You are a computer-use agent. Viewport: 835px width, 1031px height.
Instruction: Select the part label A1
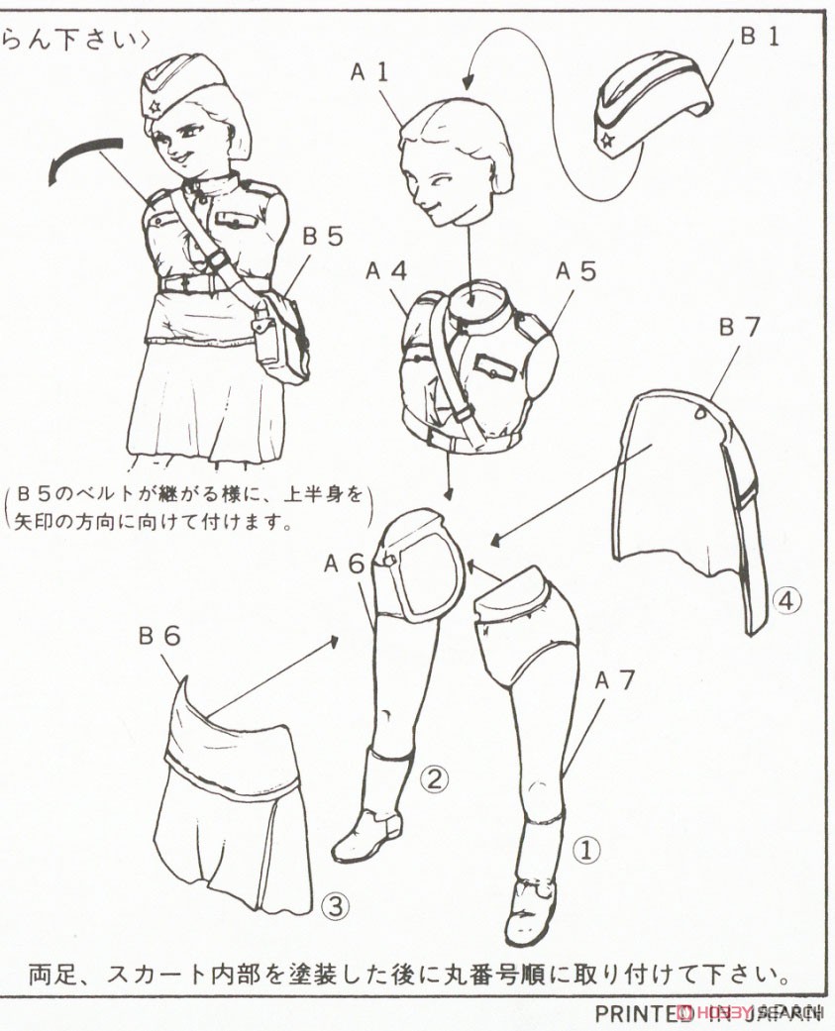[x=370, y=71]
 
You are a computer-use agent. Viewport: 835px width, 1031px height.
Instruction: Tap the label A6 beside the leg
[x=344, y=564]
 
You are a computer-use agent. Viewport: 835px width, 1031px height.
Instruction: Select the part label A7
[x=614, y=680]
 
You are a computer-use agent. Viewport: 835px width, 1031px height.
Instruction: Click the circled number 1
[x=586, y=849]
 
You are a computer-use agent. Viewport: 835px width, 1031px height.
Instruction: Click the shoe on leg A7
[x=530, y=906]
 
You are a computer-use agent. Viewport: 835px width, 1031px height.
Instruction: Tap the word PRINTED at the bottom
[x=635, y=1013]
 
